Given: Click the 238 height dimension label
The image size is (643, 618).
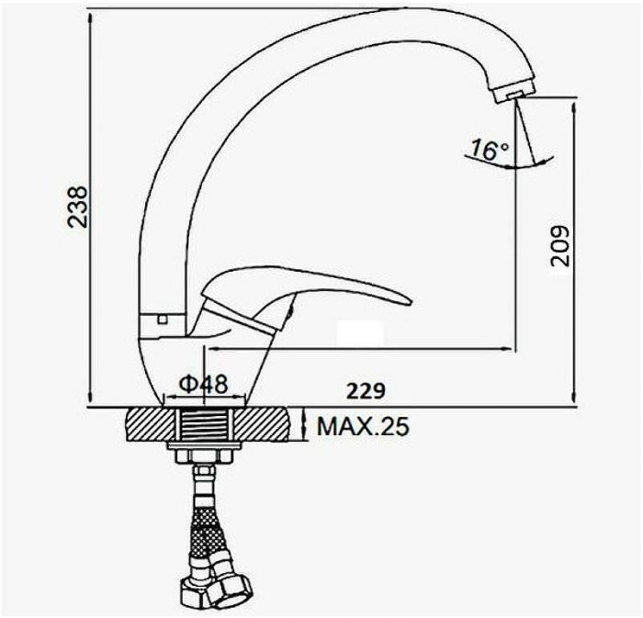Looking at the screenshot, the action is point(77,207).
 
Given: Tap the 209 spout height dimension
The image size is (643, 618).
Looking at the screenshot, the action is point(559,246).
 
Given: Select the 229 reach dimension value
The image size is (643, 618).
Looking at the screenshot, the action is point(367,391).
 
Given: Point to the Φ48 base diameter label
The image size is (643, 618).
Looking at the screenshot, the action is point(203,384).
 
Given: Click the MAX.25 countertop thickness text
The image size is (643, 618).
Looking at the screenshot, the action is point(364,427).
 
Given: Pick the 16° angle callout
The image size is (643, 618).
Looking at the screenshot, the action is point(489,149).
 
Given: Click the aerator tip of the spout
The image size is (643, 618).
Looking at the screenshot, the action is point(514,91).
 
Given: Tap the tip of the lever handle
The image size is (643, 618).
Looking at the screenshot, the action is point(410,302).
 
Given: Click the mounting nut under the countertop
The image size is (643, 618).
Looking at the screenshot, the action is point(204,455).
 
